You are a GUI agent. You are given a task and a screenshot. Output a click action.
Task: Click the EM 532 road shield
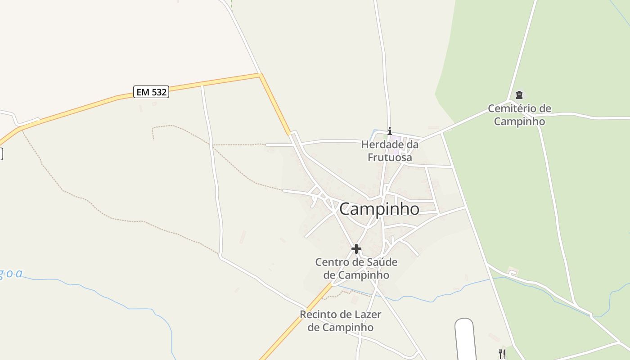(151, 92)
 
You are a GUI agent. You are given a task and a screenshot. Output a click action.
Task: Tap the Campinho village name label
(379, 209)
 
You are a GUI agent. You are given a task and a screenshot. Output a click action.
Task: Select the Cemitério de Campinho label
(519, 115)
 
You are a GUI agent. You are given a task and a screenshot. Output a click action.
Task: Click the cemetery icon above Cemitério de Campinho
(519, 95)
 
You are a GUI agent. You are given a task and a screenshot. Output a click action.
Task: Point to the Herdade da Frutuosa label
(390, 151)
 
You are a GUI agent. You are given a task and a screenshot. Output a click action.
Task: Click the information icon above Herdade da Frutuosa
(390, 131)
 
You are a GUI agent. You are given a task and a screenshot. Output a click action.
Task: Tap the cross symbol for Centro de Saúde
(356, 248)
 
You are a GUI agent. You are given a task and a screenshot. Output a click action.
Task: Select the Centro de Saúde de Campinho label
(356, 268)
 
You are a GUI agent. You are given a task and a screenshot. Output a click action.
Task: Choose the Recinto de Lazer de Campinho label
(341, 321)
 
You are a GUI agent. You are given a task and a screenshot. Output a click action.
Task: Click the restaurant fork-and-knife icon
(502, 354)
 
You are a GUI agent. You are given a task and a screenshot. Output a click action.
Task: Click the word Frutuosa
(390, 157)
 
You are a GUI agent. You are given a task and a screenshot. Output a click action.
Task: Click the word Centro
(332, 262)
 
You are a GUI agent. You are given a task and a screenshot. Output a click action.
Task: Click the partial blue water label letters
(11, 274)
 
